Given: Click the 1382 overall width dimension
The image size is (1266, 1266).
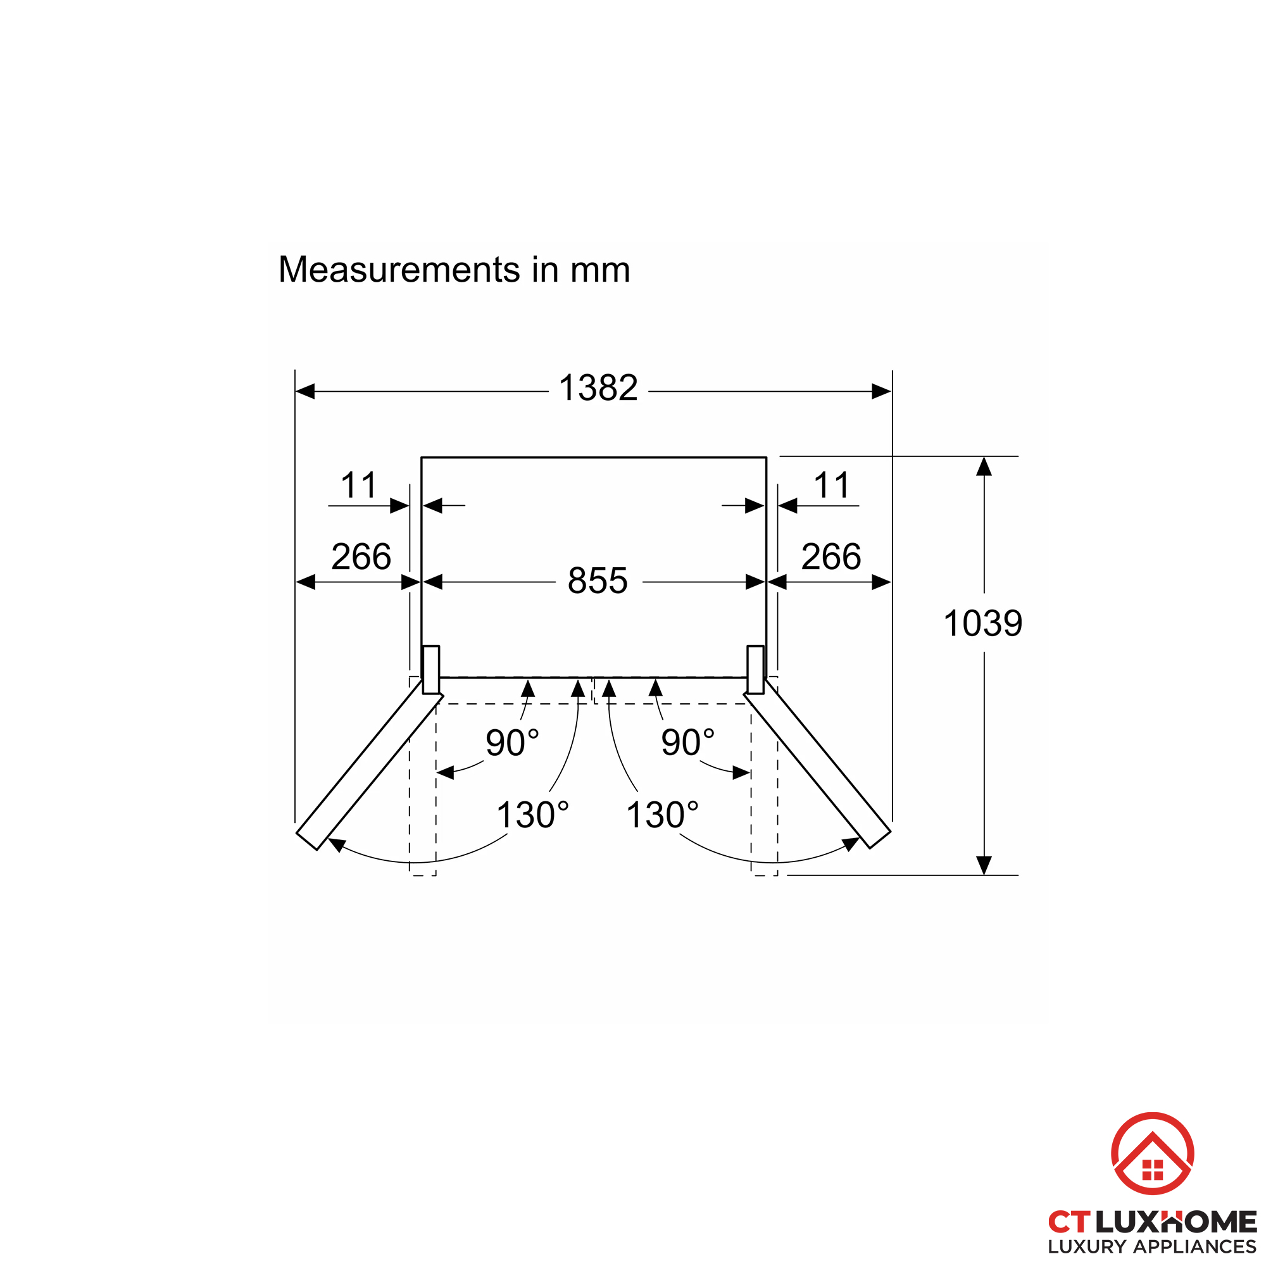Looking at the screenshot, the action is click(x=598, y=387).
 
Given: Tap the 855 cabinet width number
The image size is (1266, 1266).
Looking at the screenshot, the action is click(x=598, y=580).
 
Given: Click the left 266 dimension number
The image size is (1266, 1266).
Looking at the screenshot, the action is click(x=361, y=556).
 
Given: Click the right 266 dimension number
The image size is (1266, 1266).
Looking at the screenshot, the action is click(x=831, y=556).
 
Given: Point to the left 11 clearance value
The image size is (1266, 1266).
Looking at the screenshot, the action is click(x=359, y=486).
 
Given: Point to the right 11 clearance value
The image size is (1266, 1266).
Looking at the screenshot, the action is click(x=832, y=486).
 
